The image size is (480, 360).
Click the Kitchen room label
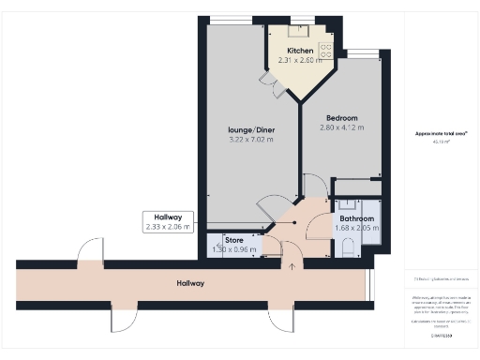coord(300,51)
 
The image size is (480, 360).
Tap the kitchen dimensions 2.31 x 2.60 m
coord(300,62)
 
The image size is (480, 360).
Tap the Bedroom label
coord(341,116)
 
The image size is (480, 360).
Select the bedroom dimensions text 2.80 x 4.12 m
coord(341,127)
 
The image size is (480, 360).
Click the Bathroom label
coord(356,217)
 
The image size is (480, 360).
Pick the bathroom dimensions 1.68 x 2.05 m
coord(356,228)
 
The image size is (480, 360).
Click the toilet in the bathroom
coord(348,246)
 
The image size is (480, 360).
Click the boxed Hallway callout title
coord(168,216)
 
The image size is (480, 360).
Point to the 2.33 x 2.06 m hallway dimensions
coord(168,226)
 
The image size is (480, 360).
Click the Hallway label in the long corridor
coord(190,282)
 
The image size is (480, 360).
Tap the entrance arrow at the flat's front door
coord(292,266)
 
